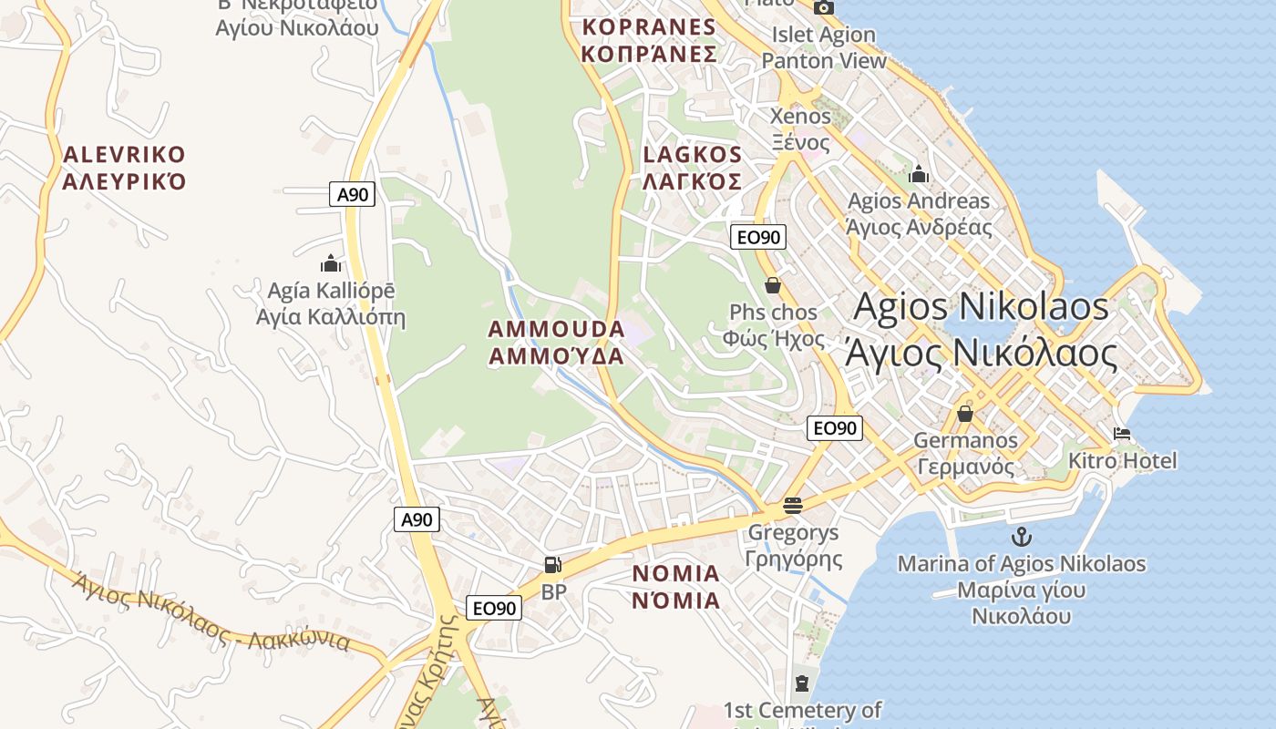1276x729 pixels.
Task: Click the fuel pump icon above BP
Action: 552,565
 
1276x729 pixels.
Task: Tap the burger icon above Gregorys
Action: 792,505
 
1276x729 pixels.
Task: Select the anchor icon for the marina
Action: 1021,537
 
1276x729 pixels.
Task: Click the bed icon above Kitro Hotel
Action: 1122,434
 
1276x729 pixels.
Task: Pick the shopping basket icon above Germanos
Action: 964,414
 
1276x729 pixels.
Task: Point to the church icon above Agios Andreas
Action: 918,173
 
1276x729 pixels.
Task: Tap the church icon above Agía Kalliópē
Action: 330,264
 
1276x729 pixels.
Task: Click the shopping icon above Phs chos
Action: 773,285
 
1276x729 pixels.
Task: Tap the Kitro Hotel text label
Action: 1122,460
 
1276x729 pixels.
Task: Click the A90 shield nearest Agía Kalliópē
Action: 352,194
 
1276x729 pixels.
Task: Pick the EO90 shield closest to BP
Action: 494,608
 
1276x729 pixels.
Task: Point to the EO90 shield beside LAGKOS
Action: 757,238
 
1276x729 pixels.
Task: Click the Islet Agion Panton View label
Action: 824,48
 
